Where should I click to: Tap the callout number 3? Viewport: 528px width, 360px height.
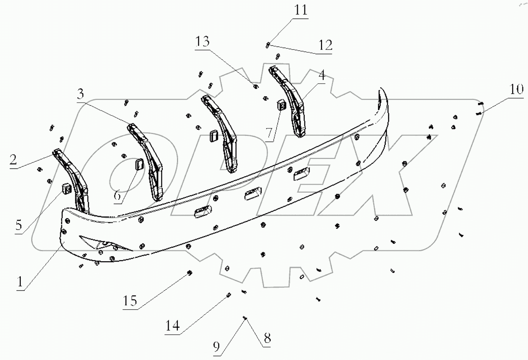(x=80, y=94)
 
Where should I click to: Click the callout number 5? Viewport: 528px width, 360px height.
(x=19, y=225)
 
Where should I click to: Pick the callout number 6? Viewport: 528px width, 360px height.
(x=117, y=195)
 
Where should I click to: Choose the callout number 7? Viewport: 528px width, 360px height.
(x=269, y=133)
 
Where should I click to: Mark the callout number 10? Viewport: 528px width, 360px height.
(x=516, y=89)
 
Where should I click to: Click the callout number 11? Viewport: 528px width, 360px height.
(x=301, y=9)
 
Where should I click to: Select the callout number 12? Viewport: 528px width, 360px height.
(x=325, y=45)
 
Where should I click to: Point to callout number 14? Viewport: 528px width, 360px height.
(x=172, y=326)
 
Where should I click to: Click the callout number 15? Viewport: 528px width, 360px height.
(x=130, y=301)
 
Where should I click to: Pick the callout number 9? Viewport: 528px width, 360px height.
(x=216, y=346)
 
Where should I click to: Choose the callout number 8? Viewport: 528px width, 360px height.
(x=267, y=338)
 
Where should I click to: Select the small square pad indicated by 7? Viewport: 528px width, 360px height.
(x=282, y=104)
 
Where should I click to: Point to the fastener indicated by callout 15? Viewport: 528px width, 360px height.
(x=190, y=273)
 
